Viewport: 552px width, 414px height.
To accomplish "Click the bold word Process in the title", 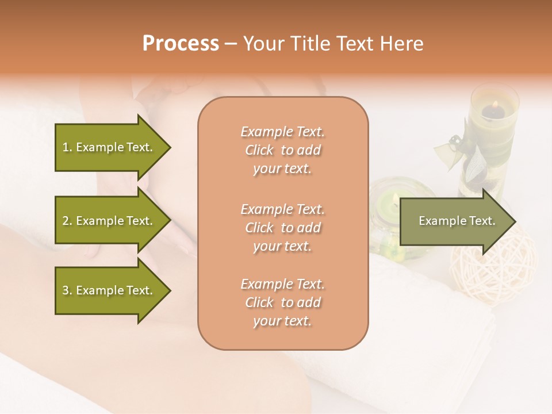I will pyautogui.click(x=181, y=44).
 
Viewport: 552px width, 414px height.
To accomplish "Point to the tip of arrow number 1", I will pyautogui.click(x=170, y=147).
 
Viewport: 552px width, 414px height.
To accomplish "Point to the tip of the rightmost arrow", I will pyautogui.click(x=515, y=221).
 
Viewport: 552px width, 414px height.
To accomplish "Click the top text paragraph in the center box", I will pyautogui.click(x=282, y=150).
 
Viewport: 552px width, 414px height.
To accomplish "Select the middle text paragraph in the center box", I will pyautogui.click(x=282, y=228).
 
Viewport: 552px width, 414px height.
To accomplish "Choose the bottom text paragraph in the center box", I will pyautogui.click(x=282, y=302).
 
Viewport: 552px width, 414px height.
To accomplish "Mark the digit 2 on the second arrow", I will pyautogui.click(x=66, y=221).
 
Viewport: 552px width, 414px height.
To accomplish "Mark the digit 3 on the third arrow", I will pyautogui.click(x=66, y=290).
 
